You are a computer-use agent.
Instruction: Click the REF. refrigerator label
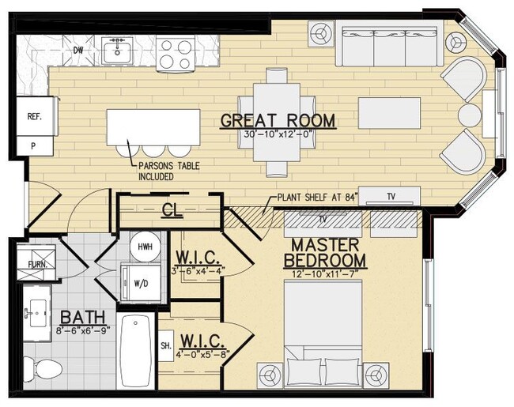click(34, 116)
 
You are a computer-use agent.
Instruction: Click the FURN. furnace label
click(36, 264)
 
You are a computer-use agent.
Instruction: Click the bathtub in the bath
click(135, 351)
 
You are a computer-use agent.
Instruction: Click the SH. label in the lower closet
click(165, 346)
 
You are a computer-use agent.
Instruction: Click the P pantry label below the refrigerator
click(33, 147)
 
